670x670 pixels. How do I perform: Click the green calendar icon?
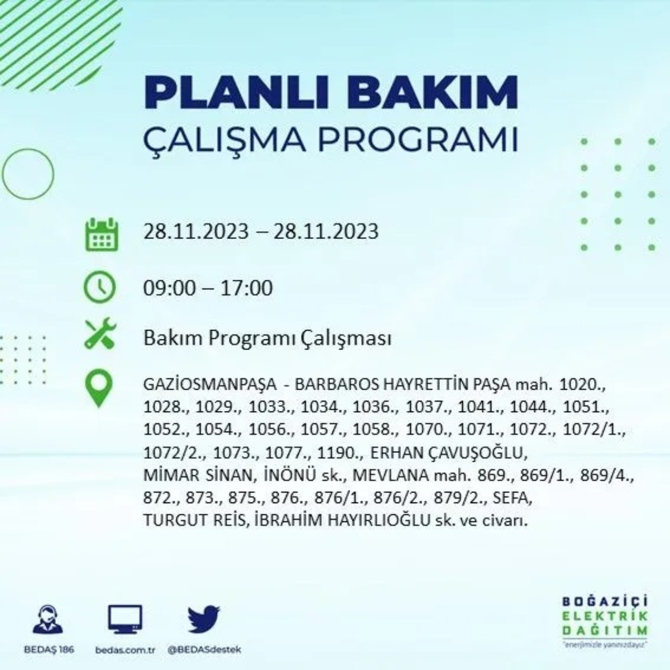click(x=101, y=234)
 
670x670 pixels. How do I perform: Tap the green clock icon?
click(x=99, y=288)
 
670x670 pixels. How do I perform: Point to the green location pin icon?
click(x=98, y=389)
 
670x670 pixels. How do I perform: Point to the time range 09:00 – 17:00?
click(x=208, y=288)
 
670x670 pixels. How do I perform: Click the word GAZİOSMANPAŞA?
click(x=210, y=385)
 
